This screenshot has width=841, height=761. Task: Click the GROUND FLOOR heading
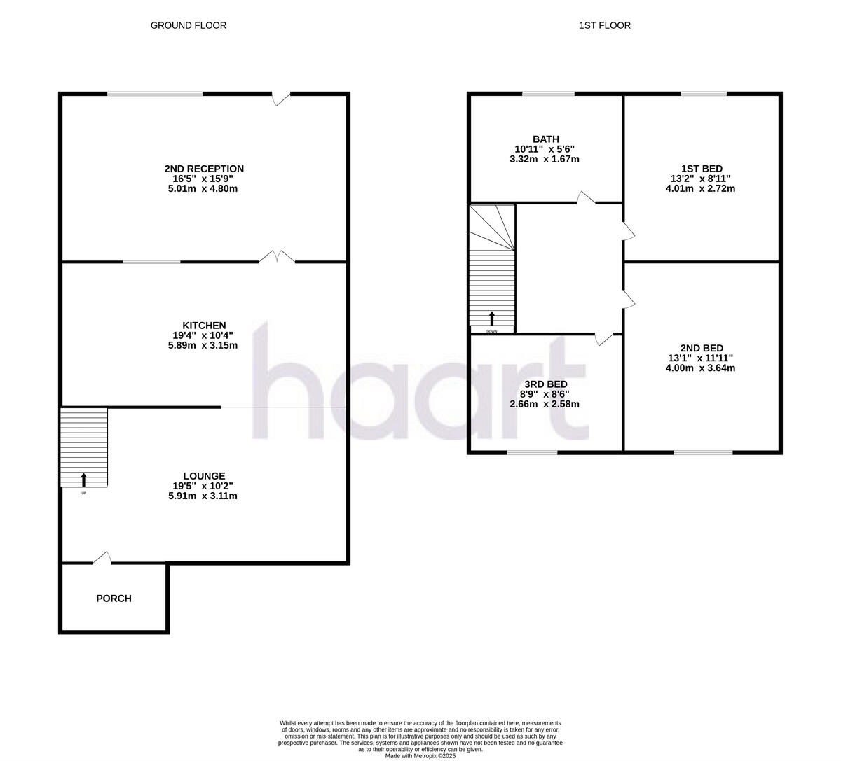tap(189, 25)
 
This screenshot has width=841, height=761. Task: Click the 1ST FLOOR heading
tap(605, 25)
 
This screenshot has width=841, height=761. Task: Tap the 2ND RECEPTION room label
tap(204, 169)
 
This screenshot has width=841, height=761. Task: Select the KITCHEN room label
tap(204, 326)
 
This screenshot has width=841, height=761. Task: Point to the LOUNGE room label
tap(204, 476)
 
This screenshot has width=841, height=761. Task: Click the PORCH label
tap(114, 599)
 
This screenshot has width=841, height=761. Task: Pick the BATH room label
tap(545, 139)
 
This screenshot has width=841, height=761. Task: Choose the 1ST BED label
tap(701, 169)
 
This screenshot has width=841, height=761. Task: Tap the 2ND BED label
tap(701, 348)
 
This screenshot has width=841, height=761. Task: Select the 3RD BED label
tap(545, 384)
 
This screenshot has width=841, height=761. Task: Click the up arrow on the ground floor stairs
tap(84, 480)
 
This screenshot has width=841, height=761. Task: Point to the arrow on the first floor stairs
tap(491, 318)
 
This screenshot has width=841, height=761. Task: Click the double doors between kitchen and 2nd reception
tap(278, 257)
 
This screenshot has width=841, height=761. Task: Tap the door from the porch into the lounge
tap(102, 557)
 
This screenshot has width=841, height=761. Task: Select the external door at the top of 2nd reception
tap(281, 99)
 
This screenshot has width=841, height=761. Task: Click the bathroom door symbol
tap(585, 198)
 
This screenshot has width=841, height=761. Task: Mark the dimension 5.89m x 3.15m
tap(204, 345)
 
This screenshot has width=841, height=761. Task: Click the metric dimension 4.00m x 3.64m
tap(701, 368)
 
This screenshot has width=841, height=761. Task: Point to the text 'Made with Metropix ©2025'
tap(420, 755)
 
